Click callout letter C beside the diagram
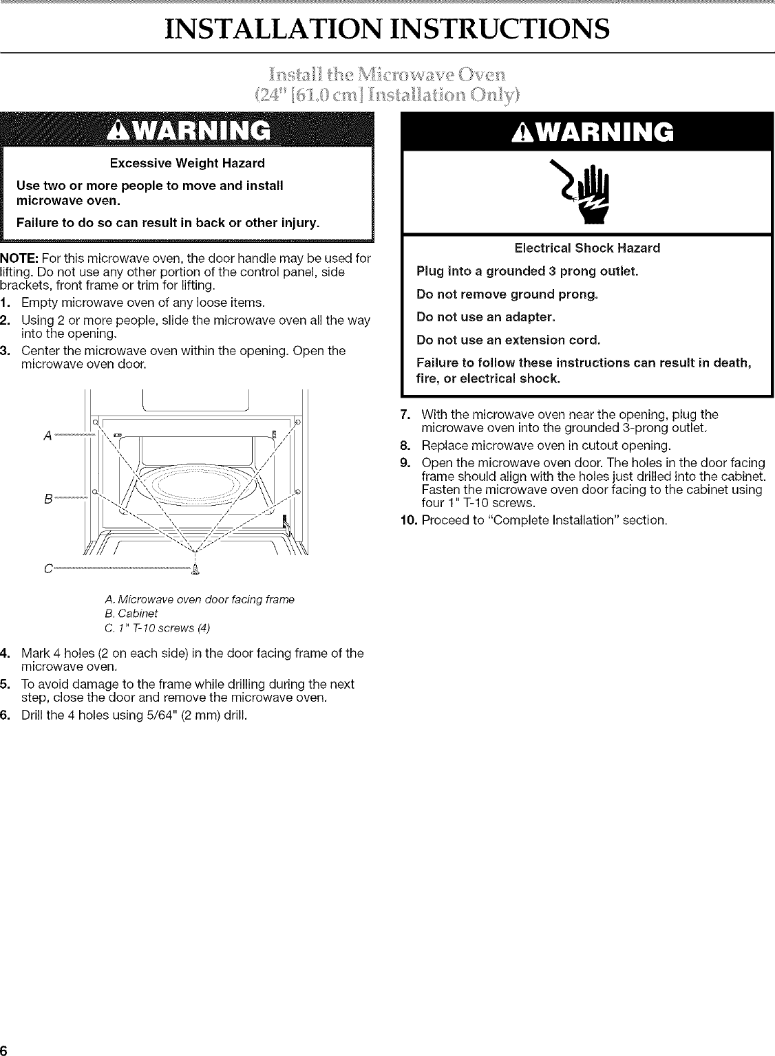tap(47, 568)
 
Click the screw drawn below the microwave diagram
tap(198, 568)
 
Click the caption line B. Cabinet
tap(129, 614)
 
